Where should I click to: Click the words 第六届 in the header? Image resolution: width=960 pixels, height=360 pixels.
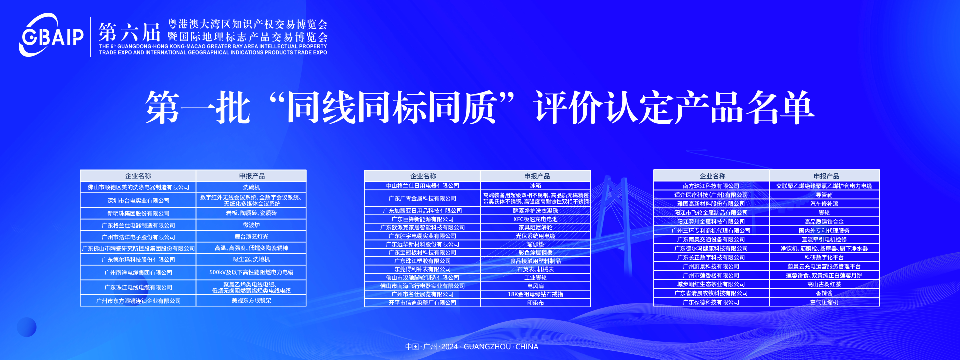click(x=129, y=32)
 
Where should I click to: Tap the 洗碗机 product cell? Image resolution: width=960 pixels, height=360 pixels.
click(x=251, y=187)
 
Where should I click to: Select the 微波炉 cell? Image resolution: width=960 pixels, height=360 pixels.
click(x=251, y=225)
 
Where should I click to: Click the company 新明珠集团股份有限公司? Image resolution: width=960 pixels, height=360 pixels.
click(x=138, y=213)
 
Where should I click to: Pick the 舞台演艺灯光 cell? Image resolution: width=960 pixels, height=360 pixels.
click(x=251, y=237)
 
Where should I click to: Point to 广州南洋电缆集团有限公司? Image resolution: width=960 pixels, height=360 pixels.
click(x=138, y=273)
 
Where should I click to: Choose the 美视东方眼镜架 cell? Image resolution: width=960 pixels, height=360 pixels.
click(x=251, y=300)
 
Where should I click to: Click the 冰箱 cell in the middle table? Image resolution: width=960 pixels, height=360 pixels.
click(x=535, y=185)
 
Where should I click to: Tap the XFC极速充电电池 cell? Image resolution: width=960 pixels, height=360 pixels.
click(x=535, y=219)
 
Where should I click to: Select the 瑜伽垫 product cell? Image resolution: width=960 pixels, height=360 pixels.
click(x=535, y=244)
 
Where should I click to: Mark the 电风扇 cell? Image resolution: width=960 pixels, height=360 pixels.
click(x=535, y=286)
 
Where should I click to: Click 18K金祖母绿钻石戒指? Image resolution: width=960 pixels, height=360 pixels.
click(x=535, y=294)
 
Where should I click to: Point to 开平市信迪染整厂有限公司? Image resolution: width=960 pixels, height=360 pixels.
click(x=422, y=302)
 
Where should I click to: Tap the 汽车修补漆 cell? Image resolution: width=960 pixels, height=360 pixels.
click(x=824, y=204)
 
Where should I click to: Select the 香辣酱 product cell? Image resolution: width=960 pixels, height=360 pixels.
click(x=824, y=293)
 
